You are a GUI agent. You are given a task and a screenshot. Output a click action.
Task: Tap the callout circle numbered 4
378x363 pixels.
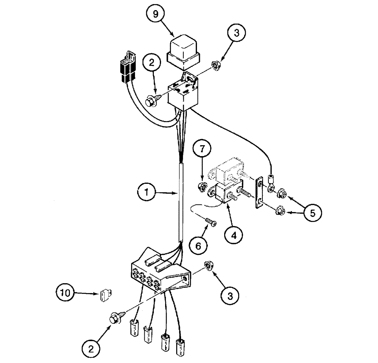234,235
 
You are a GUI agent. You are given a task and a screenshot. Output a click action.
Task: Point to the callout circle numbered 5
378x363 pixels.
311,213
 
